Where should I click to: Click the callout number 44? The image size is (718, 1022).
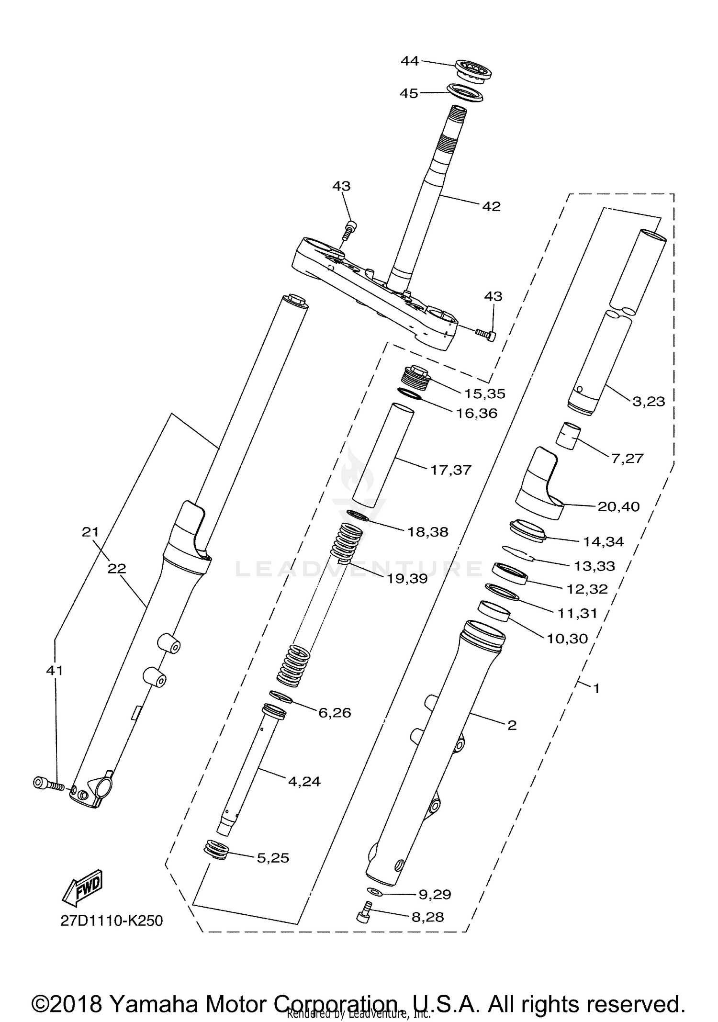pyautogui.click(x=409, y=61)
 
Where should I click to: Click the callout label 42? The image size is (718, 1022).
pyautogui.click(x=491, y=206)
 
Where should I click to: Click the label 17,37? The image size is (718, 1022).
pyautogui.click(x=450, y=470)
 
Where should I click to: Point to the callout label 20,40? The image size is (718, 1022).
pyautogui.click(x=618, y=506)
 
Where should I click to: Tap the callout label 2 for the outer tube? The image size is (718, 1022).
pyautogui.click(x=512, y=725)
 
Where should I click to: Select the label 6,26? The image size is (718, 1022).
pyautogui.click(x=335, y=713)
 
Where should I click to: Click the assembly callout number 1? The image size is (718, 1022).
pyautogui.click(x=596, y=688)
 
